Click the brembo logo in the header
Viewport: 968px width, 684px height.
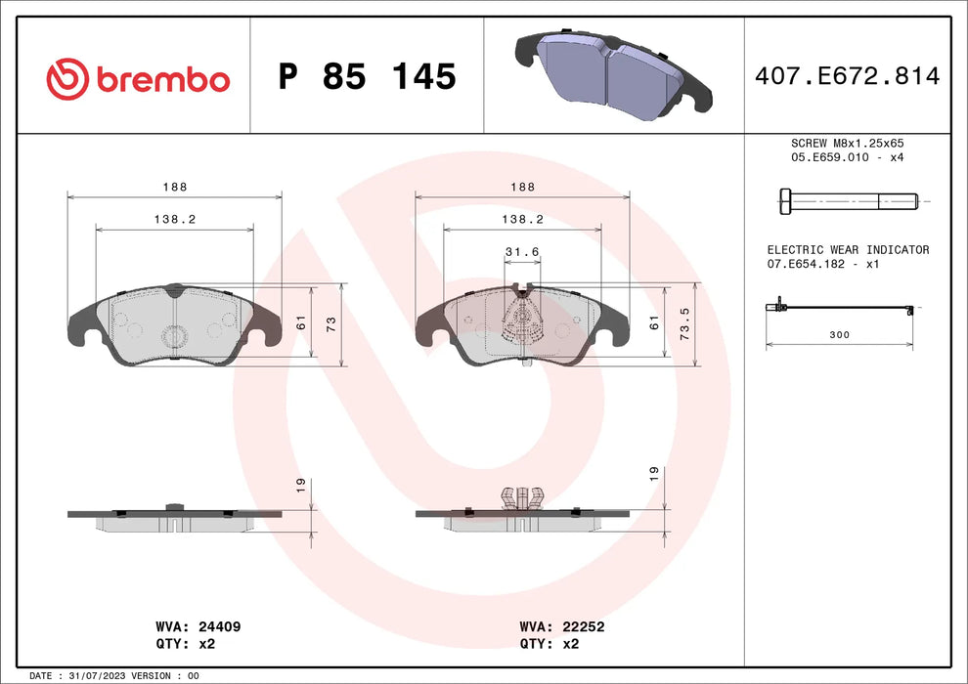point(138,78)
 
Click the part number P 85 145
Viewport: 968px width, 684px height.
point(367,76)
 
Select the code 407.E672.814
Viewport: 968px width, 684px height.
point(848,76)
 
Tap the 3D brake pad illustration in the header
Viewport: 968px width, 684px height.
point(613,75)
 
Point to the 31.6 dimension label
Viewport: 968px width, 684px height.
point(522,252)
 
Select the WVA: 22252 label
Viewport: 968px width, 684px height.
point(562,626)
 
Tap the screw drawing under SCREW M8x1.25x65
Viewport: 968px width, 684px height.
point(848,202)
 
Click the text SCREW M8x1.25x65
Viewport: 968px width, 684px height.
point(848,143)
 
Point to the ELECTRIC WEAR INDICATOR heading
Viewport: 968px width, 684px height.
point(848,250)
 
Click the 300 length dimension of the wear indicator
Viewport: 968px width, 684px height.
point(839,334)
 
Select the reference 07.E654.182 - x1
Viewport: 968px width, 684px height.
point(823,265)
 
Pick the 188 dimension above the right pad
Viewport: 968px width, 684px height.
point(523,187)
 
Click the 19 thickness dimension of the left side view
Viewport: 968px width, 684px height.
point(301,483)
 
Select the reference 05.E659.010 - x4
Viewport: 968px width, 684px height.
point(848,157)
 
